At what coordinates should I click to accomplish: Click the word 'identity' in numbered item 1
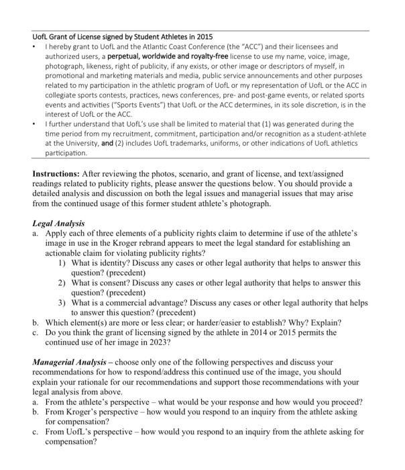[x=105, y=263]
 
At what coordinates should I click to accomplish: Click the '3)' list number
[x=61, y=303]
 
